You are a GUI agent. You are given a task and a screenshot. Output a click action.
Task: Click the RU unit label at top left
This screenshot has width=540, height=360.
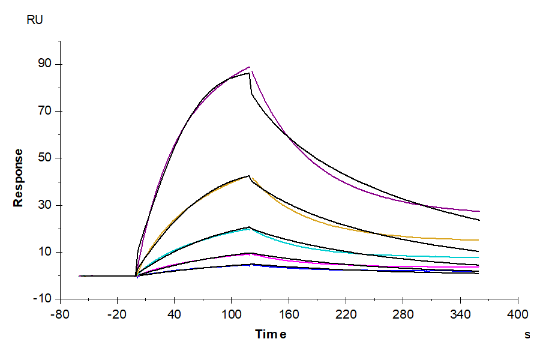pyautogui.click(x=35, y=20)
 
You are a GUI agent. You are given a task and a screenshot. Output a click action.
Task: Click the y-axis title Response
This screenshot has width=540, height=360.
pyautogui.click(x=19, y=178)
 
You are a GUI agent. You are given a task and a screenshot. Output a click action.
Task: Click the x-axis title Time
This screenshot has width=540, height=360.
pyautogui.click(x=270, y=334)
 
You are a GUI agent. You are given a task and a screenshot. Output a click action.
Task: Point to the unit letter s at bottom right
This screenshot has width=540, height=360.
pyautogui.click(x=527, y=335)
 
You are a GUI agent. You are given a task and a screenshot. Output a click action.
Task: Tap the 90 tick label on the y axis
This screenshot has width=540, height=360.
pyautogui.click(x=46, y=64)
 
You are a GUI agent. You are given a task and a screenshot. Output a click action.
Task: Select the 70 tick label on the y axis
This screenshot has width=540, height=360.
pyautogui.click(x=46, y=111)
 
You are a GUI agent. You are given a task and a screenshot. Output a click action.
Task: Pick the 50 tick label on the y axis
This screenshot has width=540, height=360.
pyautogui.click(x=46, y=158)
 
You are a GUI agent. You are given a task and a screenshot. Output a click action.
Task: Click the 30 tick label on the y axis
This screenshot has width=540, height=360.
pyautogui.click(x=46, y=205)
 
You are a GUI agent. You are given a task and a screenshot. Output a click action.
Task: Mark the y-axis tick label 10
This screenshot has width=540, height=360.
pyautogui.click(x=46, y=252)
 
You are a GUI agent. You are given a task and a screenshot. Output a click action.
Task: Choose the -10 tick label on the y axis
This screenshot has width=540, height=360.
pyautogui.click(x=44, y=299)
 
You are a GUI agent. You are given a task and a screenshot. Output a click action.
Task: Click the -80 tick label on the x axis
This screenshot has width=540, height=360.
pyautogui.click(x=60, y=314)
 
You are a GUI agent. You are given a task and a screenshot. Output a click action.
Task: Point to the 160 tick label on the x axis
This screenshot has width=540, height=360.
pyautogui.click(x=289, y=314)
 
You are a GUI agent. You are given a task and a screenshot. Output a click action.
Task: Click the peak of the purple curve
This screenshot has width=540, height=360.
pyautogui.click(x=250, y=67)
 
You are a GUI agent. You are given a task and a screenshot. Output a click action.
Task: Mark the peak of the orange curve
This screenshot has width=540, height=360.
pyautogui.click(x=251, y=176)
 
